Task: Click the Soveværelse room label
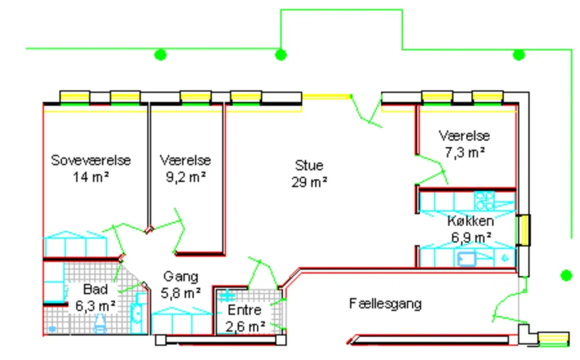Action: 91,160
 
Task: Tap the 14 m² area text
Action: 91,177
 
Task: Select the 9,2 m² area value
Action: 185,177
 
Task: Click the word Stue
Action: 309,165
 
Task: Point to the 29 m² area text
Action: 309,182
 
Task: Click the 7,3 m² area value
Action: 464,152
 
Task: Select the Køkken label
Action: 470,221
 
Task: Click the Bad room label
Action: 95,289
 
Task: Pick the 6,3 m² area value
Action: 96,306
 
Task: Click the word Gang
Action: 181,277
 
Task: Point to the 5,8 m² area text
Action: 181,293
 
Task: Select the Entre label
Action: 244,310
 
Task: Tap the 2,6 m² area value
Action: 245,326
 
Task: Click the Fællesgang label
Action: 385,304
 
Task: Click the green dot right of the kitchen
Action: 566,275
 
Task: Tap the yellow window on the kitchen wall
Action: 525,229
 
